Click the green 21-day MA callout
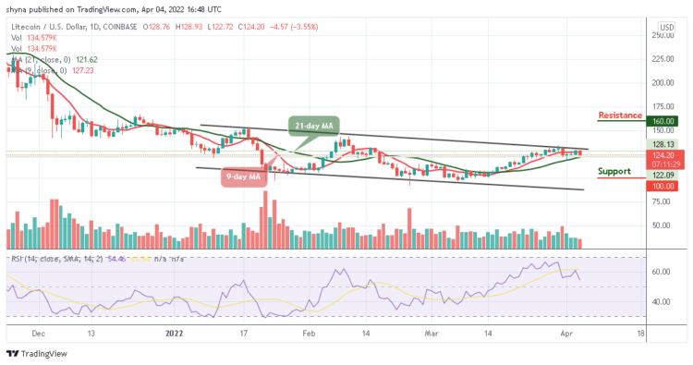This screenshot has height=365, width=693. pos(313,127)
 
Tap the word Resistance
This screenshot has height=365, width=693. pos(621,116)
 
